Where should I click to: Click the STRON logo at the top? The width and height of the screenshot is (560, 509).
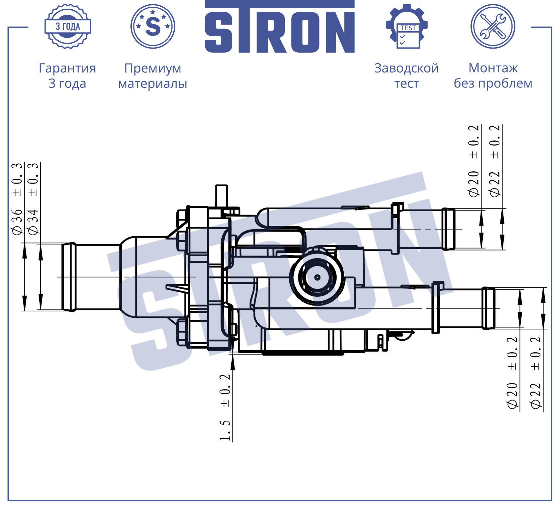[x=280, y=27]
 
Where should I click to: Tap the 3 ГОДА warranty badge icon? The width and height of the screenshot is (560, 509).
[x=68, y=26]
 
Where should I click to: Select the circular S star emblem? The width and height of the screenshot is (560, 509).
[x=153, y=26]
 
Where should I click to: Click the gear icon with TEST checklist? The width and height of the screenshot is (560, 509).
[x=407, y=26]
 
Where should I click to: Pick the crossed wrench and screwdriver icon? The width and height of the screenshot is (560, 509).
[x=493, y=26]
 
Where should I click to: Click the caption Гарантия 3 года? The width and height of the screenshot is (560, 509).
[x=68, y=76]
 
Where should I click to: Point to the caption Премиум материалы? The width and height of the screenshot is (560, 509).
[x=153, y=76]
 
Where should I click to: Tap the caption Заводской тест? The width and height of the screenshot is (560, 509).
[x=407, y=76]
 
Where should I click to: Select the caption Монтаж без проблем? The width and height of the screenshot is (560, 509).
[x=493, y=76]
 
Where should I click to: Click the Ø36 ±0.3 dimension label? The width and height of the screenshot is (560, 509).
[x=17, y=199]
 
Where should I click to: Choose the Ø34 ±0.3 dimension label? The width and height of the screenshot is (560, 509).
[x=33, y=199]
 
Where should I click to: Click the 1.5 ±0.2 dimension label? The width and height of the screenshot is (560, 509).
[x=225, y=408]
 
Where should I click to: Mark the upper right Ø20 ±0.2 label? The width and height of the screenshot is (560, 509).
[x=473, y=161]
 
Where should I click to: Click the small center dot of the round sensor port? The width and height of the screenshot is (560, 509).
[x=317, y=277]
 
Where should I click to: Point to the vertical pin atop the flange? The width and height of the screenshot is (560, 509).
[x=221, y=196]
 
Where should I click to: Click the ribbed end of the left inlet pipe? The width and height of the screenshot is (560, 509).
[x=69, y=277]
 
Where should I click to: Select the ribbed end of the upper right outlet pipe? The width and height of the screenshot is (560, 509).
[x=448, y=229]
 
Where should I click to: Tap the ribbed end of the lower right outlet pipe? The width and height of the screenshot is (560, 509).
[x=488, y=308]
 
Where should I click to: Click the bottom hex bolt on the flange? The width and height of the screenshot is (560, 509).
[x=182, y=332]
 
